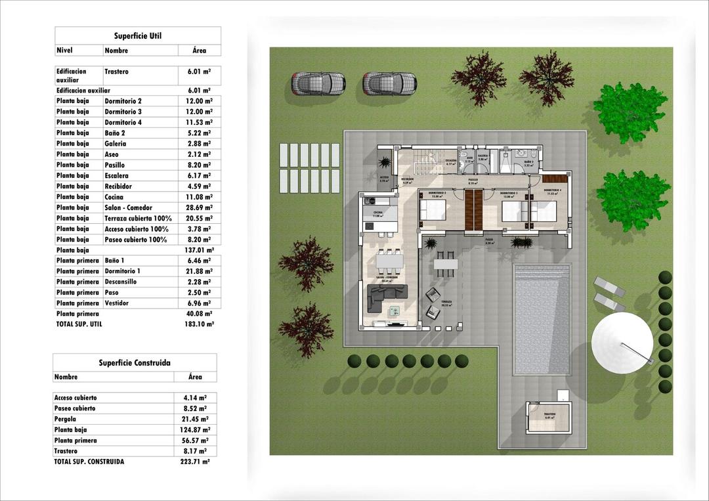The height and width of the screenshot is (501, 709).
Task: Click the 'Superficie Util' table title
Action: pyautogui.click(x=138, y=36)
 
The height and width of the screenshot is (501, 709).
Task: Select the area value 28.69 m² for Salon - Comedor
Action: pyautogui.click(x=199, y=207)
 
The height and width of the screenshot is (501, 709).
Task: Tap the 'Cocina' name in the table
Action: pyautogui.click(x=114, y=197)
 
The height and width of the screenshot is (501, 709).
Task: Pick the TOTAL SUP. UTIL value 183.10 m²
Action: pyautogui.click(x=199, y=324)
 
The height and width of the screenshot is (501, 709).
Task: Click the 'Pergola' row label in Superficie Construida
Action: pyautogui.click(x=66, y=419)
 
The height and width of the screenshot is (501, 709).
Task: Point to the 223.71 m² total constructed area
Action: pyautogui.click(x=195, y=462)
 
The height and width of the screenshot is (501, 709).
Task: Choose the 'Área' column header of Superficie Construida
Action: pyautogui.click(x=195, y=377)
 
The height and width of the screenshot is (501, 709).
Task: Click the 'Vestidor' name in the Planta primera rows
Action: pyautogui.click(x=117, y=303)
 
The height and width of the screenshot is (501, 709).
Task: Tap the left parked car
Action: pyautogui.click(x=318, y=83)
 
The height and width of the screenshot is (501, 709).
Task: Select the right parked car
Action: pyautogui.click(x=389, y=83)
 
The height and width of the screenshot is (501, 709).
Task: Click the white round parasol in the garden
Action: pyautogui.click(x=622, y=343)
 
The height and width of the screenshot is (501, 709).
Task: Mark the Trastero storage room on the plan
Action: pyautogui.click(x=549, y=418)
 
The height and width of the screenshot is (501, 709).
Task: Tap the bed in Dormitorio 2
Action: pyautogui.click(x=433, y=210)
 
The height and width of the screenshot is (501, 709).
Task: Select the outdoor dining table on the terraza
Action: pyautogui.click(x=446, y=264)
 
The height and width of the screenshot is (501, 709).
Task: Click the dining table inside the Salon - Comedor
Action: pyautogui.click(x=389, y=261)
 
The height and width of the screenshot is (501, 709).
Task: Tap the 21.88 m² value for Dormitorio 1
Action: pyautogui.click(x=199, y=271)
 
